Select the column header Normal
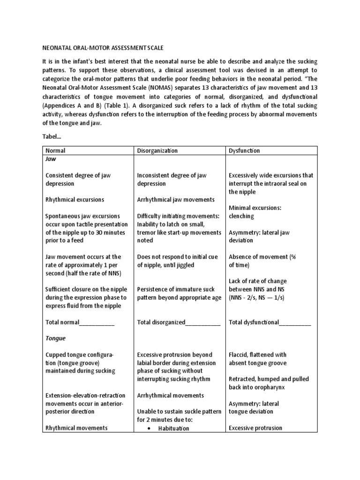coord(55,151)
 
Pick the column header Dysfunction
coord(244,151)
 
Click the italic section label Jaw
coord(50,159)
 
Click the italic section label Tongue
coord(55,338)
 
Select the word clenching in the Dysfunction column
coord(241,216)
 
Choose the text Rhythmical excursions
coord(75,200)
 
